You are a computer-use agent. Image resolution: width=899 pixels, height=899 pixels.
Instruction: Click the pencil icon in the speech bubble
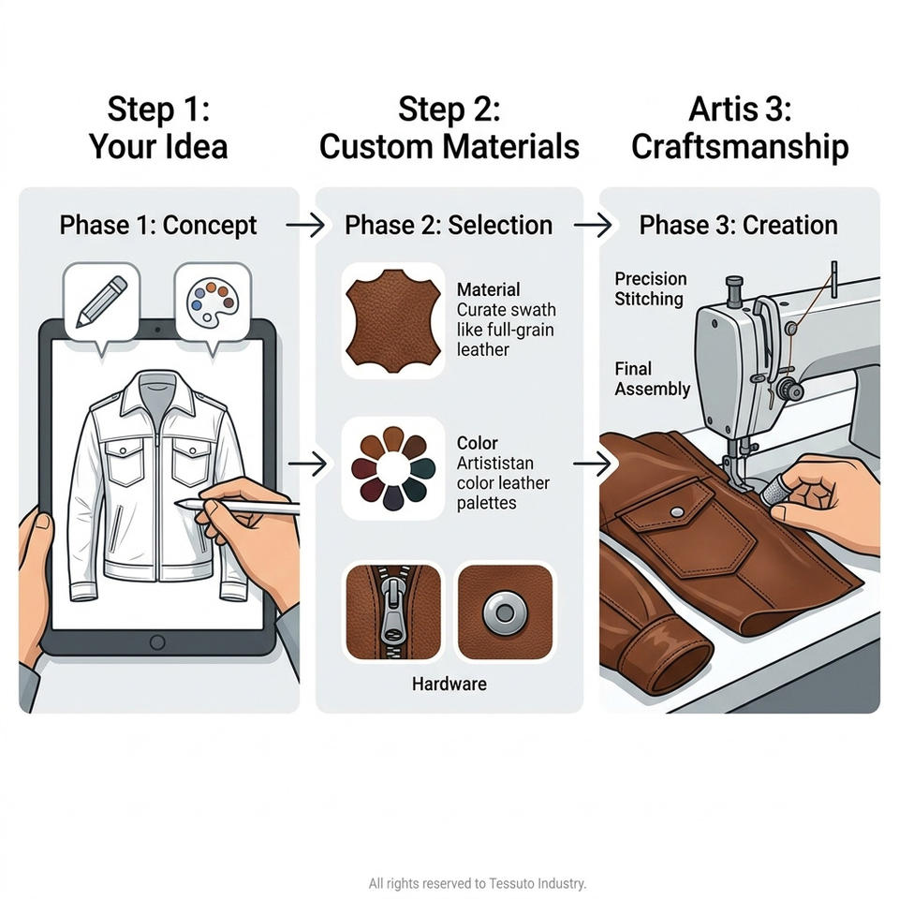(x=102, y=302)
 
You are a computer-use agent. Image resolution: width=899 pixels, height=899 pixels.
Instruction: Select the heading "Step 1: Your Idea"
(x=158, y=127)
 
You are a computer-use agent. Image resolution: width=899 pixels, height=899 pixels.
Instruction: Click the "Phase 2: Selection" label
(x=449, y=226)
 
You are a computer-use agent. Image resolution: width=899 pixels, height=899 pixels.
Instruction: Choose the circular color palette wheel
(x=393, y=468)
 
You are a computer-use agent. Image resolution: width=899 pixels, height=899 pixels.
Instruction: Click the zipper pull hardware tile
(x=393, y=612)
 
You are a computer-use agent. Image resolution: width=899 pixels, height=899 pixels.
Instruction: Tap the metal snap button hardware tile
(x=505, y=612)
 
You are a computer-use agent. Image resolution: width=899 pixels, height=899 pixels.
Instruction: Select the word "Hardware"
(x=449, y=684)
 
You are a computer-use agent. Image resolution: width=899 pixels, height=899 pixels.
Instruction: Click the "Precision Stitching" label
(x=650, y=289)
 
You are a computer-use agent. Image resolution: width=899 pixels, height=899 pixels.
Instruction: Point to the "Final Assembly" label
(x=652, y=379)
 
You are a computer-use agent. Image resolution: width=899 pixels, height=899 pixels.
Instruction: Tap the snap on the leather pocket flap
(x=676, y=512)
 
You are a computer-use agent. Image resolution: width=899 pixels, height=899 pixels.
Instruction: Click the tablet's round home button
(x=157, y=642)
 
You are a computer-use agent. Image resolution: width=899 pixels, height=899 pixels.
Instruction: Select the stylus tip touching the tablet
(x=178, y=504)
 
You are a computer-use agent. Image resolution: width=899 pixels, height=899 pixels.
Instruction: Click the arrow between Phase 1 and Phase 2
(x=305, y=226)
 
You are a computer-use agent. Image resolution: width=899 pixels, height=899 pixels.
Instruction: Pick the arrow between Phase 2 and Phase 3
(x=592, y=226)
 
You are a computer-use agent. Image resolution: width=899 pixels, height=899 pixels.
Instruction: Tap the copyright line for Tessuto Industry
(x=477, y=883)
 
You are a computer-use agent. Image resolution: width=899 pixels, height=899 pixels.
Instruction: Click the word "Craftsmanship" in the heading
(x=740, y=147)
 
